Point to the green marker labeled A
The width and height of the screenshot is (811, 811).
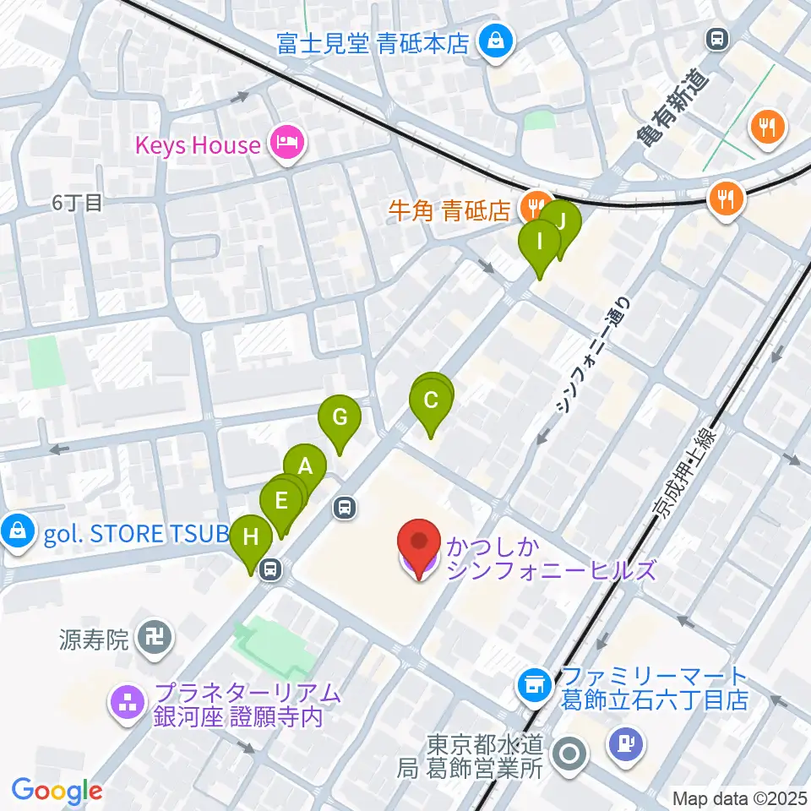click(x=306, y=466)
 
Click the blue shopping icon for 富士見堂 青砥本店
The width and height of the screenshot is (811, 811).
click(x=493, y=41)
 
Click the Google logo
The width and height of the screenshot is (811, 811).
click(x=57, y=791)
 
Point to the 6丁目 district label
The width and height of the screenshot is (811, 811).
click(x=76, y=202)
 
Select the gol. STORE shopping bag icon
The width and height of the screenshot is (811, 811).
click(x=17, y=531)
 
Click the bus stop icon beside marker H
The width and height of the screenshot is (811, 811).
click(x=270, y=569)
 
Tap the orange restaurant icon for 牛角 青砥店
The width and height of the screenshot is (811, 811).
click(x=533, y=204)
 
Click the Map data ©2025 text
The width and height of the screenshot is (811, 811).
click(x=739, y=797)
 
